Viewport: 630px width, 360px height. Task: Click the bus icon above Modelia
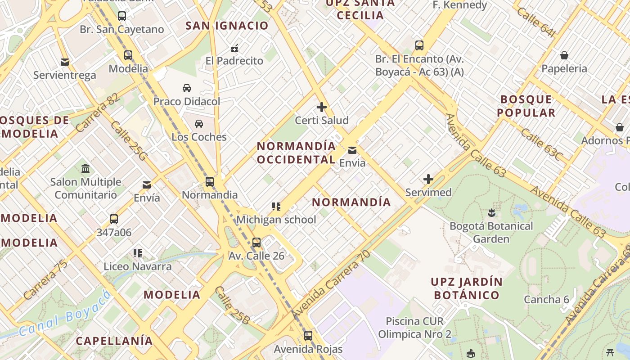click(128, 55)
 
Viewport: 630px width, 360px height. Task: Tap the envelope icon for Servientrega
click(65, 62)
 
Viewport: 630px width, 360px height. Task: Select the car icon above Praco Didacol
click(187, 88)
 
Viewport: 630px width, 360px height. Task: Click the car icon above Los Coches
click(199, 123)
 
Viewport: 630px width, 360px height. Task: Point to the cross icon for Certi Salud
click(321, 107)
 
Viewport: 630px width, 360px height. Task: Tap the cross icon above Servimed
click(428, 179)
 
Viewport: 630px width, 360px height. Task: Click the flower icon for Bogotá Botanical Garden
click(491, 212)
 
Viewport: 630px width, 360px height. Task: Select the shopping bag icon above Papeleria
click(564, 55)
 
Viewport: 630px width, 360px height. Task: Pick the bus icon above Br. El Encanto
click(419, 45)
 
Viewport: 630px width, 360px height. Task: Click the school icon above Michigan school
click(276, 207)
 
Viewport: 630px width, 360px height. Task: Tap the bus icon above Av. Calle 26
click(256, 243)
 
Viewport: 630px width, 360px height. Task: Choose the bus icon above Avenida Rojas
click(308, 335)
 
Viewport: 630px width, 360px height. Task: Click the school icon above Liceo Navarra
click(138, 253)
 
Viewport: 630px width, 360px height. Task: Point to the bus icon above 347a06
click(114, 219)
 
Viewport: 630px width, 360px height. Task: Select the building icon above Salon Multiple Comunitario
click(85, 169)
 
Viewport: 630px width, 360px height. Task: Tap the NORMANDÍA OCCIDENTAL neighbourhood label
click(296, 153)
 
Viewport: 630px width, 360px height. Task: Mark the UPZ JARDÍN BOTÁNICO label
click(466, 288)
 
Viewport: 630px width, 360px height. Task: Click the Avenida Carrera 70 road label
click(330, 285)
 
